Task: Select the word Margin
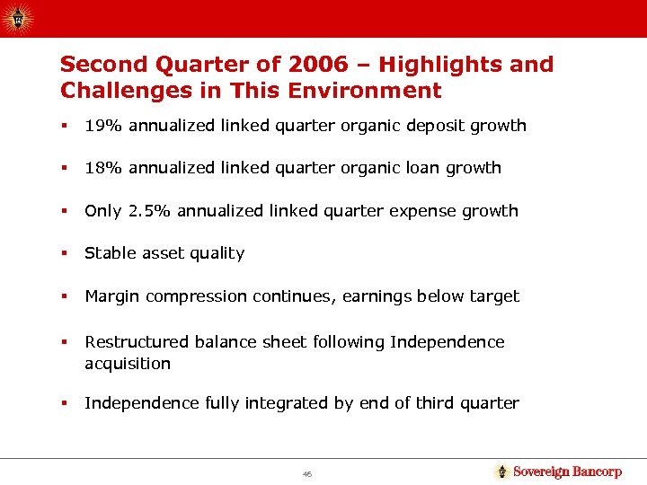(x=112, y=296)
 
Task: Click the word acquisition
(x=127, y=364)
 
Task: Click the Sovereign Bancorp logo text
(x=566, y=472)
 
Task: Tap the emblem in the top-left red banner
(x=20, y=17)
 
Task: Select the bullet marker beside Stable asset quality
(x=64, y=253)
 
